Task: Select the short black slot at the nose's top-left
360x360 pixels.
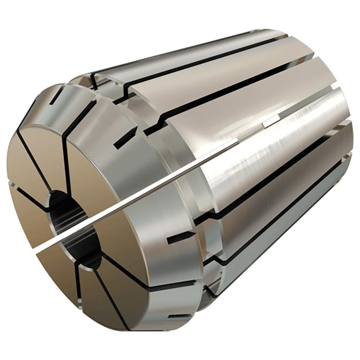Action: coord(57,96)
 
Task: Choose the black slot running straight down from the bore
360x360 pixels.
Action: coord(77,284)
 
